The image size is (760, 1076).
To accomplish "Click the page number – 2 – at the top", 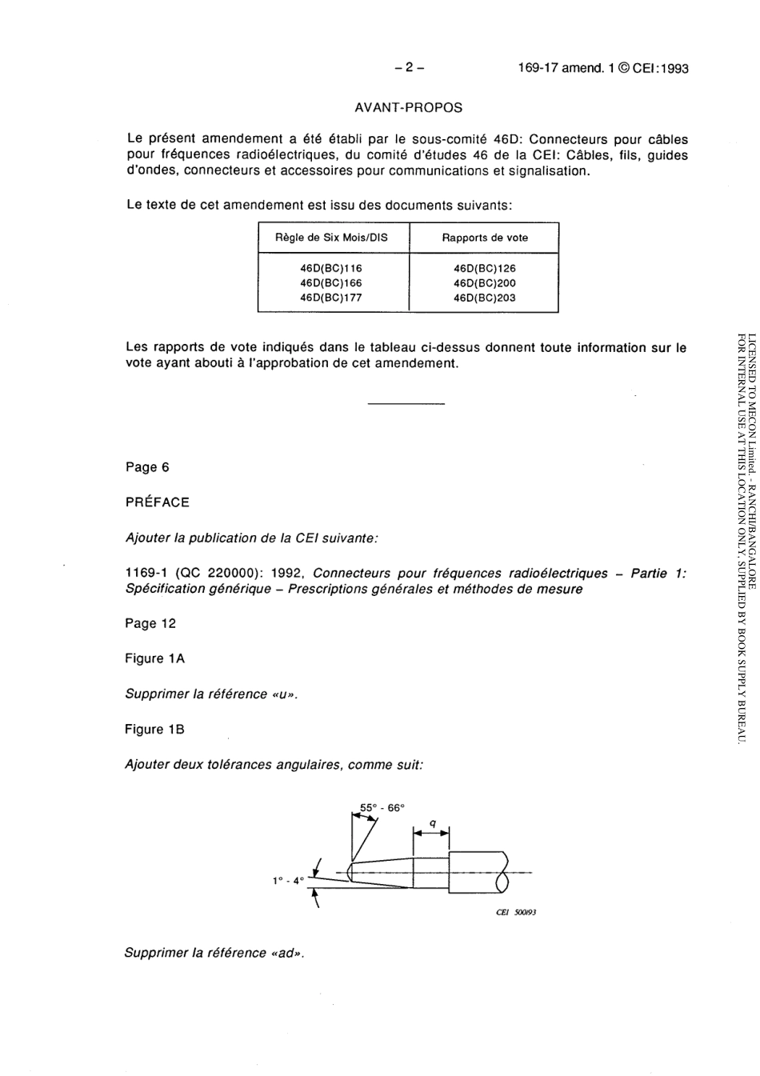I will coord(409,68).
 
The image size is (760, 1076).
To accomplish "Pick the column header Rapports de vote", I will coord(485,238).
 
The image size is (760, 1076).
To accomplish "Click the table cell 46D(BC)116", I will coord(331,269).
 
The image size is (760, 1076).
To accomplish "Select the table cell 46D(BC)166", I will coord(331,283).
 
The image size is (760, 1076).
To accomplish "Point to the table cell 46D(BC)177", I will coord(331,298).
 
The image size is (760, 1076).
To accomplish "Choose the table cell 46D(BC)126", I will coord(485,269).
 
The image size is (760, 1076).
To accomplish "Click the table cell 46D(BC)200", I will coord(485,283).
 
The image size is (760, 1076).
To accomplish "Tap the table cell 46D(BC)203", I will coord(485,298).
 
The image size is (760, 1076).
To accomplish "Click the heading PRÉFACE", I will coord(158,502).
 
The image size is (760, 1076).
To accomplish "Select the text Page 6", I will coord(147,467).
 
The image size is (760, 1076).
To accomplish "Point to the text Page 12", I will coord(150,623).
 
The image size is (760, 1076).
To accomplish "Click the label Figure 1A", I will coord(154,658).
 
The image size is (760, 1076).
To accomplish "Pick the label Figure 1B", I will coord(154,730).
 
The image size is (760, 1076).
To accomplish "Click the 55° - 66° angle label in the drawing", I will coord(382,808).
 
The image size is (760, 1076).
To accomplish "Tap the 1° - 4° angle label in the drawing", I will coord(289,880).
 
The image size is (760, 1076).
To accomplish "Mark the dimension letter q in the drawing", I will coord(432,822).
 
